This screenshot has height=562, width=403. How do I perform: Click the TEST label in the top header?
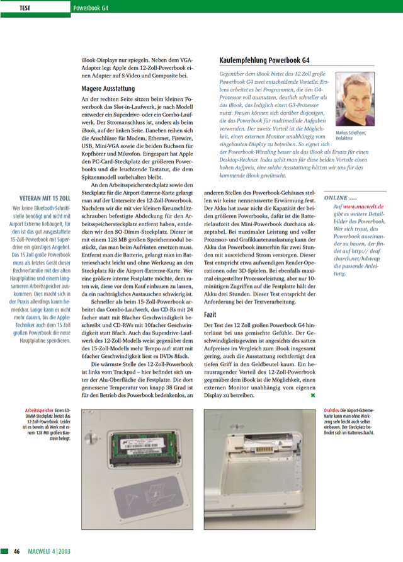tap(25, 8)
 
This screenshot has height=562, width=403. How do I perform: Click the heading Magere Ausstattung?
tap(108, 88)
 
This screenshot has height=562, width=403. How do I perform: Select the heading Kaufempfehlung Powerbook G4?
tap(264, 60)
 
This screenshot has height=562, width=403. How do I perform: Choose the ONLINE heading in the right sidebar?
tap(340, 198)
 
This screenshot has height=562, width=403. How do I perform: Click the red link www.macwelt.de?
tap(363, 207)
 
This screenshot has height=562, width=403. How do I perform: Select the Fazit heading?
tap(210, 314)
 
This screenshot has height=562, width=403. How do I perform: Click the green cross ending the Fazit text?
tap(313, 396)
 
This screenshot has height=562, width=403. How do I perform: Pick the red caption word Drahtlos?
tap(331, 411)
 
